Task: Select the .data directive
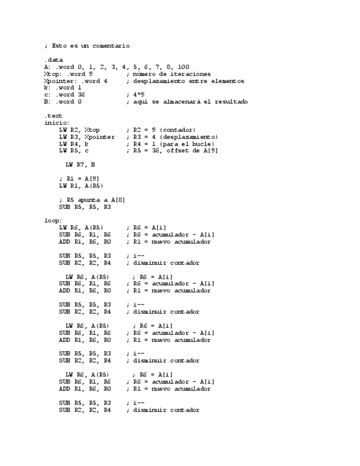53,60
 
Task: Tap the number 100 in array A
184,67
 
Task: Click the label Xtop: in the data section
53,74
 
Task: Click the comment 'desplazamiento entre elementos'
185,81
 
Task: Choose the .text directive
53,116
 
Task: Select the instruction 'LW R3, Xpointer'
87,137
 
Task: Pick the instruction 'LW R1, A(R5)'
80,186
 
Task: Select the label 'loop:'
53,221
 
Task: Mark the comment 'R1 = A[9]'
80,179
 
